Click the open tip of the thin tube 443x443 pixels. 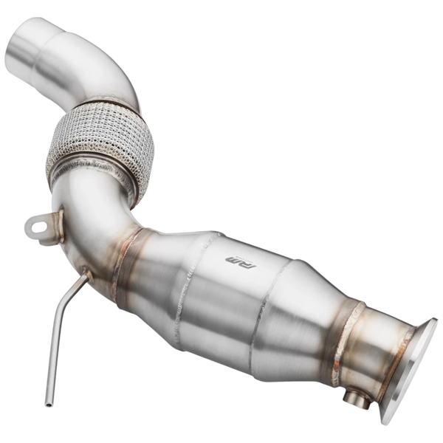(x=49, y=403)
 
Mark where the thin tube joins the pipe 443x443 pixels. (x=87, y=274)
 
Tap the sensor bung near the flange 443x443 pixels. (x=357, y=399)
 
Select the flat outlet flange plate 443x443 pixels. (x=411, y=369)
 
